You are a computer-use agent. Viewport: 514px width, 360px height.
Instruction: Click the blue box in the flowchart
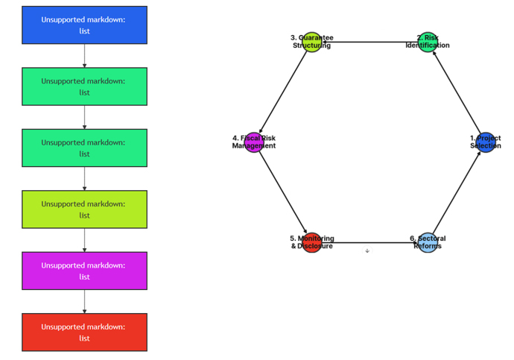click(x=84, y=25)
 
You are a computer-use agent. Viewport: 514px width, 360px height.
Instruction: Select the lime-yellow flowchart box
click(x=84, y=209)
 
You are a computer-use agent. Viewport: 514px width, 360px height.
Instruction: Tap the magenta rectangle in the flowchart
click(x=84, y=271)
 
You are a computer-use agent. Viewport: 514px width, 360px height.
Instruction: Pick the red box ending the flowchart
click(x=84, y=332)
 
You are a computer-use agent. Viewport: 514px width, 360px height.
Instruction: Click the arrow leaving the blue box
click(x=84, y=56)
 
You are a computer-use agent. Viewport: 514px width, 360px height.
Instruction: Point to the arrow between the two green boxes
click(x=84, y=117)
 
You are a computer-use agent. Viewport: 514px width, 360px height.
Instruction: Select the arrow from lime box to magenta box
click(x=84, y=240)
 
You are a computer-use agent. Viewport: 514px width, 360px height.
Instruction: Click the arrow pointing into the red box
click(x=84, y=301)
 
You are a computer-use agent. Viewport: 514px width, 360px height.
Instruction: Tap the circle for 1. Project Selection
click(x=485, y=142)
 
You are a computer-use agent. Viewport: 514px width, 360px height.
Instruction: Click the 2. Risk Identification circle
click(x=427, y=42)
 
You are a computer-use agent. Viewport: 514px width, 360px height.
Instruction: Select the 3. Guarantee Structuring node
click(x=312, y=42)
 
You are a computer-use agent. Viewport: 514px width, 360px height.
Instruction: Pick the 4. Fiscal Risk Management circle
click(x=254, y=142)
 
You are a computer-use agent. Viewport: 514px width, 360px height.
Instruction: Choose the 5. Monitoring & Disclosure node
click(x=312, y=242)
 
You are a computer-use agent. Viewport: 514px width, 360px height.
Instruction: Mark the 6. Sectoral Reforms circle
click(x=427, y=242)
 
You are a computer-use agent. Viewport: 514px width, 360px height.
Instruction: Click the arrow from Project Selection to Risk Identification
click(x=456, y=92)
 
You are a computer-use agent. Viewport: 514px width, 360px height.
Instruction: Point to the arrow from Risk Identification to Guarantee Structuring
click(x=369, y=42)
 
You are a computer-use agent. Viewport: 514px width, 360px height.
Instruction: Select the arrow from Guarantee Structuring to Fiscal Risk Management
click(x=283, y=92)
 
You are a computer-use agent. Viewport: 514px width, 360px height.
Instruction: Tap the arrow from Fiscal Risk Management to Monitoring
click(x=283, y=192)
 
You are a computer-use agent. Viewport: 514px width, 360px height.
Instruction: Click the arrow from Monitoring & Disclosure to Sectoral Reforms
click(x=369, y=242)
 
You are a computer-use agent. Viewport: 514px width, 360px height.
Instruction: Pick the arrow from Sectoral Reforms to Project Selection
click(x=456, y=192)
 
